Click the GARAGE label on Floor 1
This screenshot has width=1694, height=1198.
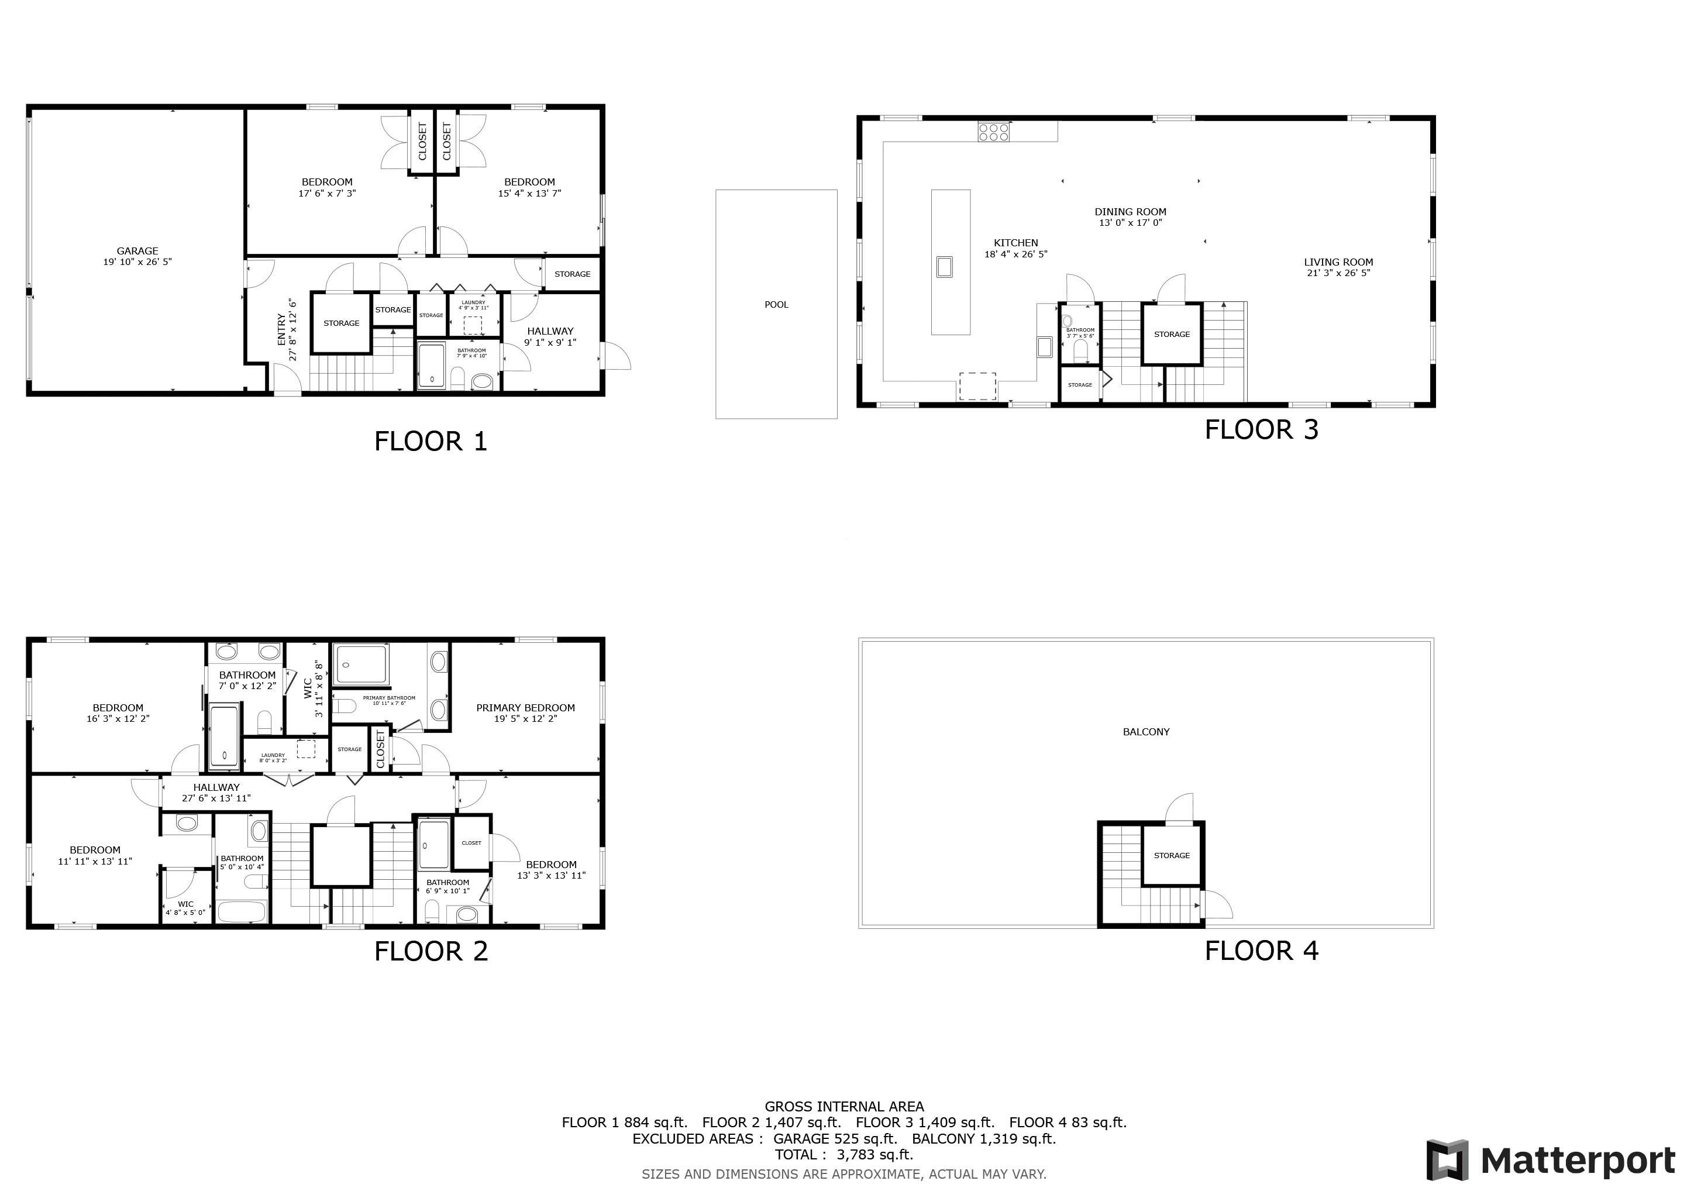click(x=137, y=251)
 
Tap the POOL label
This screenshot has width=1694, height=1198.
click(x=776, y=305)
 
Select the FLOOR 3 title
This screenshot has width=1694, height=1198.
click(x=1261, y=430)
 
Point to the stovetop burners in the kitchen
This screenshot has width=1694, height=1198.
click(x=993, y=133)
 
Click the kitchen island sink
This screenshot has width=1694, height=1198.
click(x=944, y=266)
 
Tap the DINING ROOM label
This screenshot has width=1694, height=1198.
click(x=1130, y=212)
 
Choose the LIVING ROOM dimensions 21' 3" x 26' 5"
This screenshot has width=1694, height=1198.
click(x=1338, y=273)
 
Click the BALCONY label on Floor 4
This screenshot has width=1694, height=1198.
click(x=1146, y=732)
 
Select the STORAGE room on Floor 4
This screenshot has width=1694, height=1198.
click(x=1172, y=856)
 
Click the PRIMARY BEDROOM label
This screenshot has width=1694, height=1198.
click(x=525, y=707)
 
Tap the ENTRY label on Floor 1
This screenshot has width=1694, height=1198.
click(x=282, y=330)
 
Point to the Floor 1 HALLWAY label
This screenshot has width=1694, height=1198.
click(x=550, y=331)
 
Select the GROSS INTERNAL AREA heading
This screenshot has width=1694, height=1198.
click(x=844, y=1107)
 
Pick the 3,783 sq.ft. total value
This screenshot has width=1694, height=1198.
click(x=874, y=1155)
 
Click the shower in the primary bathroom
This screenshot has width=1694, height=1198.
click(x=360, y=665)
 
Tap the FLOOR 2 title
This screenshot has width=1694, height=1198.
click(x=431, y=952)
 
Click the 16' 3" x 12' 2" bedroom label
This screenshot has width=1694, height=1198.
click(x=118, y=718)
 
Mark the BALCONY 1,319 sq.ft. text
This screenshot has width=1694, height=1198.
click(x=983, y=1138)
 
